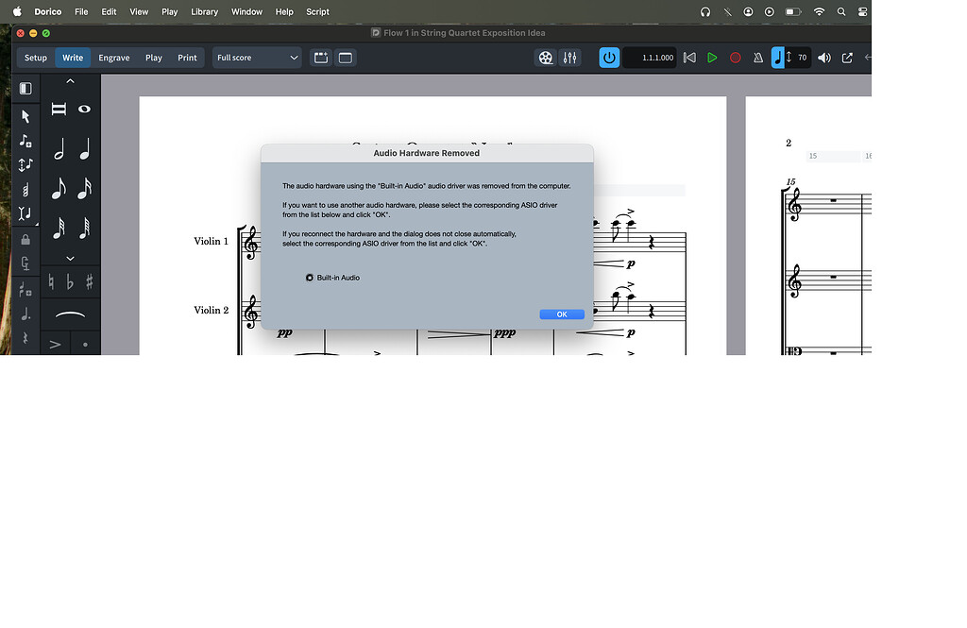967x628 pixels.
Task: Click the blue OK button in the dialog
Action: [x=562, y=314]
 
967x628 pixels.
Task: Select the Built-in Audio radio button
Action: [x=310, y=278]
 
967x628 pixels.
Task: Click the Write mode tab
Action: [x=73, y=58]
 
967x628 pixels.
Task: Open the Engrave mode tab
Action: [x=114, y=58]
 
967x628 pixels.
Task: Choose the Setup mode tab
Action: [x=36, y=58]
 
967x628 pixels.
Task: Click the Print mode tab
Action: [x=187, y=58]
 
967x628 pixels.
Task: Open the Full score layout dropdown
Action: [x=257, y=58]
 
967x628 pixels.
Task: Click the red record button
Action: [x=736, y=58]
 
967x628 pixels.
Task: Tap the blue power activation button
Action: [x=609, y=58]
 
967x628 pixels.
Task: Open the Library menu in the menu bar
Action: [x=204, y=12]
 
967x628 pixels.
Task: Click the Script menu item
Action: [x=317, y=12]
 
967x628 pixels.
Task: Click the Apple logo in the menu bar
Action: [x=17, y=12]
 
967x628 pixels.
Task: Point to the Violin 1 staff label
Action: [x=212, y=241]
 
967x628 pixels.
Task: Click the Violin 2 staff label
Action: [x=212, y=310]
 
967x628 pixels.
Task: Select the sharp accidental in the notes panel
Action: [x=90, y=281]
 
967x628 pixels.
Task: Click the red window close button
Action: [x=21, y=33]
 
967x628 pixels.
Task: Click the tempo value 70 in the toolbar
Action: [x=802, y=58]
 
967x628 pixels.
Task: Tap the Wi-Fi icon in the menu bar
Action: [x=818, y=12]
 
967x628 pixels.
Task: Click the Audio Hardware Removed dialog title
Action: [x=427, y=153]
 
